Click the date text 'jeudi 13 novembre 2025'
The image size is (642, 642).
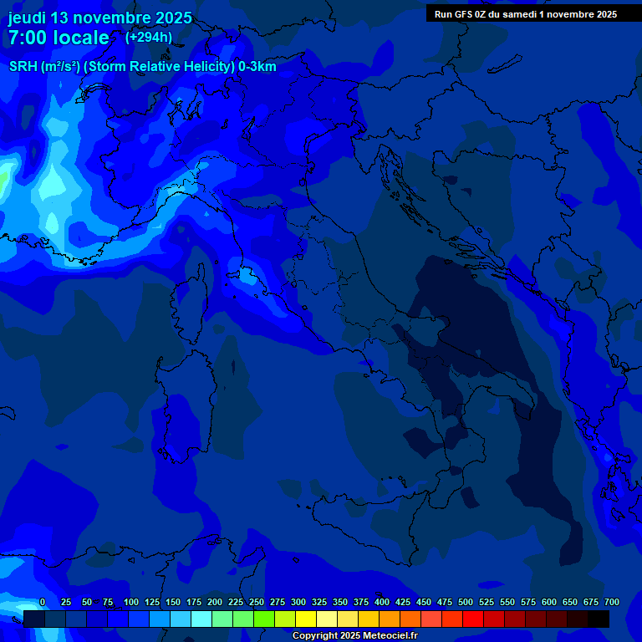[x=100, y=18]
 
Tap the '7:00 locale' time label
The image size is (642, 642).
[x=59, y=38]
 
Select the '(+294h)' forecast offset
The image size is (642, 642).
[x=149, y=37]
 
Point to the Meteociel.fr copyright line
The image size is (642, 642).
[x=354, y=636]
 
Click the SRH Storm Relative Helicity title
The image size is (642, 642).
[x=143, y=66]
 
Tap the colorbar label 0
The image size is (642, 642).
[x=43, y=603]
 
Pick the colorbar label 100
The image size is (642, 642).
[x=131, y=603]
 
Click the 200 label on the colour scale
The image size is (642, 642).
[x=215, y=603]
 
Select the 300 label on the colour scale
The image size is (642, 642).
[x=298, y=603]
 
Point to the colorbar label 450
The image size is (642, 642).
[x=424, y=603]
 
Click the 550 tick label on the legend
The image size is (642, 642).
[x=507, y=603]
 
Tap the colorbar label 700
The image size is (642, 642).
[x=611, y=603]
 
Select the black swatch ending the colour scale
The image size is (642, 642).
[x=599, y=619]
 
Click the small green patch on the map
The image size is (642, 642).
[x=3, y=178]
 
